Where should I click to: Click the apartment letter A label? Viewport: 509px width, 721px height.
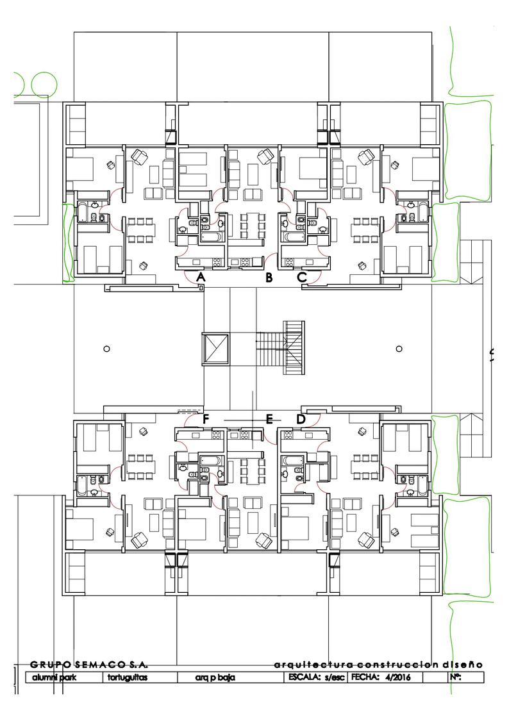200,277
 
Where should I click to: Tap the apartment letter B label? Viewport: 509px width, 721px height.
269,278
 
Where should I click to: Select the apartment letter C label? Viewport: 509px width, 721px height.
302,278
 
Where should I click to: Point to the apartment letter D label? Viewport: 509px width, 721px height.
301,419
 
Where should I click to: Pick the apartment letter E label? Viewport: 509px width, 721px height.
270,419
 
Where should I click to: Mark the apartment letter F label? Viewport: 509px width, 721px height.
206,419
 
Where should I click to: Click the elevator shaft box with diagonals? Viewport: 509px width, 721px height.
215,349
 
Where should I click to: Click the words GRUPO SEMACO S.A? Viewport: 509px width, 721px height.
89,665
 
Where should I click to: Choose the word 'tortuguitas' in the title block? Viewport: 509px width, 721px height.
128,677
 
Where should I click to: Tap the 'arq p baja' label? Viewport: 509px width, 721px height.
215,678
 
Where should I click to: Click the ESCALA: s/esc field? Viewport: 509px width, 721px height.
316,677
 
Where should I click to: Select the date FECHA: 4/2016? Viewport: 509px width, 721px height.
381,677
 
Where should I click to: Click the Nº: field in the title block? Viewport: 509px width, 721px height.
455,677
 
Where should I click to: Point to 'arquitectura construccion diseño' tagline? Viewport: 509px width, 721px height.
378,665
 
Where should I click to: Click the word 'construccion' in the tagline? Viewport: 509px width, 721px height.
397,665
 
